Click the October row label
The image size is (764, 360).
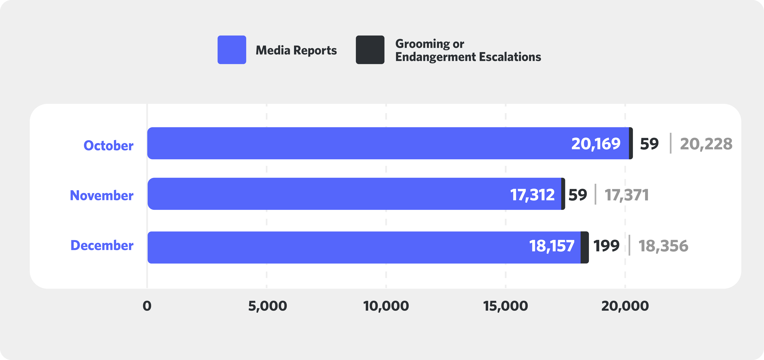pyautogui.click(x=109, y=145)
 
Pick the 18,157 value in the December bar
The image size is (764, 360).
pyautogui.click(x=552, y=246)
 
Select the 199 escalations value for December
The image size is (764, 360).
pyautogui.click(x=606, y=246)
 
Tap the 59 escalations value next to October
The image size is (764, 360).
pyautogui.click(x=649, y=144)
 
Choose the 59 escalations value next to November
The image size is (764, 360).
pyautogui.click(x=577, y=195)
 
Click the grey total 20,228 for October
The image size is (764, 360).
pyautogui.click(x=706, y=144)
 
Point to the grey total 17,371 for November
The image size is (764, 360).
pyautogui.click(x=626, y=195)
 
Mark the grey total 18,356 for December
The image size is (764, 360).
pyautogui.click(x=663, y=246)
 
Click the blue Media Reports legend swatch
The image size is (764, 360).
pyautogui.click(x=232, y=50)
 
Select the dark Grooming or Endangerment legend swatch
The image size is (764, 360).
pyautogui.click(x=370, y=50)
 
